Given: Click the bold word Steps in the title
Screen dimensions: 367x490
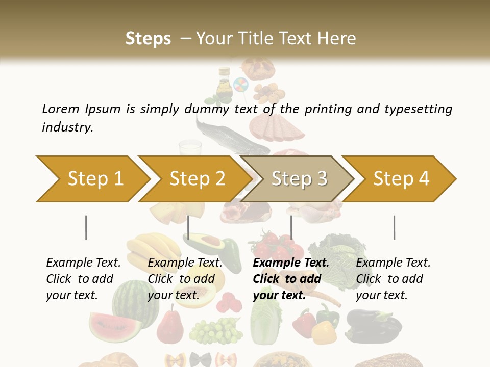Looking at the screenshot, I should (x=148, y=38).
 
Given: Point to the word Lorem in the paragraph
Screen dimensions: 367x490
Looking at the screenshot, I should (x=60, y=109).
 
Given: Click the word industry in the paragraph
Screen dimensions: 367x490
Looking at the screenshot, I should (x=67, y=127).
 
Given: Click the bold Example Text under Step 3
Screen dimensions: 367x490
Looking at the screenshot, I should (x=291, y=263).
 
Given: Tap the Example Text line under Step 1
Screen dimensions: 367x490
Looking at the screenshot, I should (x=83, y=263).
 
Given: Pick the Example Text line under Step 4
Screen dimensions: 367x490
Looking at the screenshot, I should (x=393, y=263).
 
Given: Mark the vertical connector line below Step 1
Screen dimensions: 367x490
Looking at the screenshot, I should (x=86, y=227).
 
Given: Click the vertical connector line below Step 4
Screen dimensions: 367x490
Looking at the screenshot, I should (x=394, y=227).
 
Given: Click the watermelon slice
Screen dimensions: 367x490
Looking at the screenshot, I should (x=115, y=327).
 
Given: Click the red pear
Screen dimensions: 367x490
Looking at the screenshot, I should (x=170, y=326).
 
